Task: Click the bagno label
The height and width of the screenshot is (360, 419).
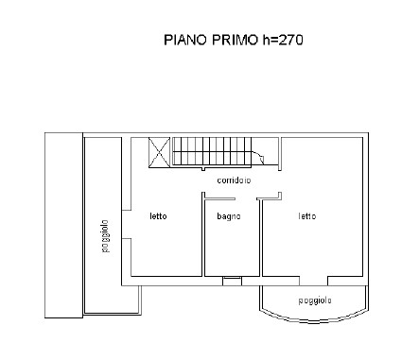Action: coord(228,216)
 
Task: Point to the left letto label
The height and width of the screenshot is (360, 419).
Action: coord(158,216)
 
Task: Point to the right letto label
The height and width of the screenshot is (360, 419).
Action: coord(306,216)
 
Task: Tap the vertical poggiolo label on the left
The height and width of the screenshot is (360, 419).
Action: coord(106,235)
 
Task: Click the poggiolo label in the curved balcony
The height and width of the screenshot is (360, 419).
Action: coord(313,300)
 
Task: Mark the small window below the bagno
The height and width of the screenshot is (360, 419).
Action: coord(232,279)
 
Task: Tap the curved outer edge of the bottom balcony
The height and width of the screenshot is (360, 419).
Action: coord(313,317)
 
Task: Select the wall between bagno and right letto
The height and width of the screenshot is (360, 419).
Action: coord(261,236)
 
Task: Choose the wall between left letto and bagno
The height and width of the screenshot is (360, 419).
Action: coord(203,236)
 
